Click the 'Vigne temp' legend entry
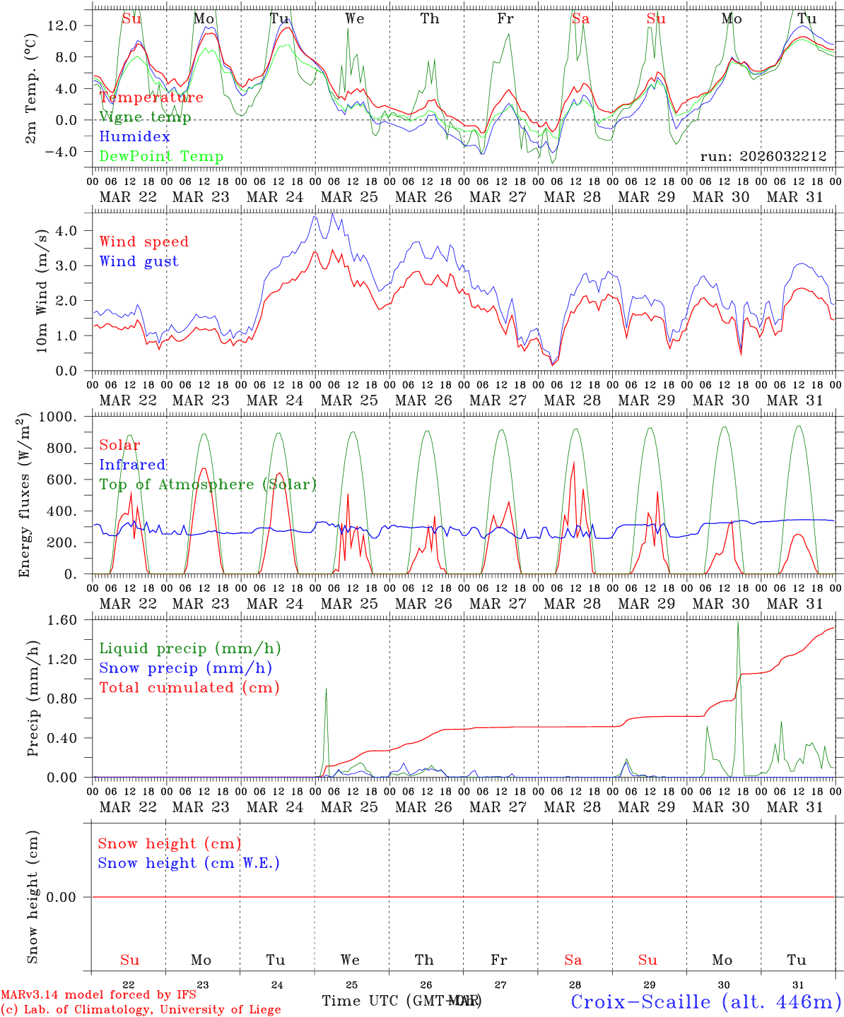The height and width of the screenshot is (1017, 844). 145,117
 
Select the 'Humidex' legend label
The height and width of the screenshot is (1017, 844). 134,137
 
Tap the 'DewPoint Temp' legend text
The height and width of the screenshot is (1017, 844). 161,157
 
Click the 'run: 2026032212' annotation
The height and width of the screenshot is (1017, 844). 763,157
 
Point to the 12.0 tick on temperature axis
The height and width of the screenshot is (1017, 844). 71,25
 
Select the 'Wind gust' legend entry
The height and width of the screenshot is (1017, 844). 139,261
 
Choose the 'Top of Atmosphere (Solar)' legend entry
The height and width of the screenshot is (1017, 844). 208,484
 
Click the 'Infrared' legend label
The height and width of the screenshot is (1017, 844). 132,465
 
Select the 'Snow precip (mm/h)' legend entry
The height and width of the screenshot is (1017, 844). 185,668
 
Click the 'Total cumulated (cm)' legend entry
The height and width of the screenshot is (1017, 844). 189,688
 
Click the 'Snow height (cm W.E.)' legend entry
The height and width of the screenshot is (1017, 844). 189,863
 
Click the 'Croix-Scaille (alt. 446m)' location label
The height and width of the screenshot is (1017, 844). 705,1001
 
